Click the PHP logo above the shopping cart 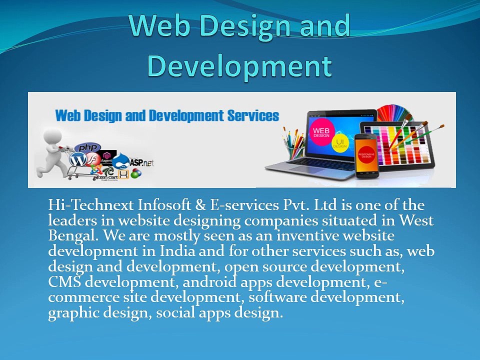(x=87, y=148)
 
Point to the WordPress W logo (x=78, y=160)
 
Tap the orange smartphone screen (x=365, y=156)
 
